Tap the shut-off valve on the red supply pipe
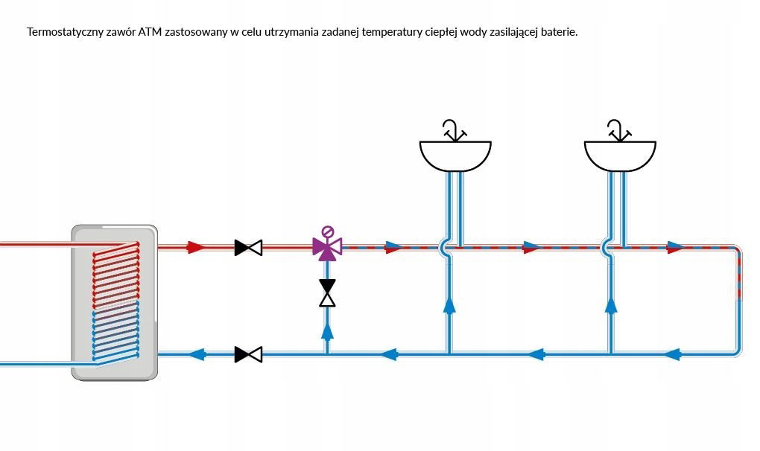[x=248, y=248]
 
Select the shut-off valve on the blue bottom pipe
[x=248, y=354]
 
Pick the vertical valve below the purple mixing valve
[x=327, y=292]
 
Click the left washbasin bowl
[x=455, y=156]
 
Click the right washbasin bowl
[x=620, y=156]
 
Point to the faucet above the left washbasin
[x=455, y=131]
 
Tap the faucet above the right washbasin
[x=619, y=131]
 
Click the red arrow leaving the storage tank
[x=196, y=247]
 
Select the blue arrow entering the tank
[x=197, y=354]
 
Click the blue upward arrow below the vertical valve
[x=328, y=330]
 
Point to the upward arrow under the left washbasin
[x=449, y=305]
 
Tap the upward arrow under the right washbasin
[x=611, y=305]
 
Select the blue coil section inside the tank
[x=116, y=331]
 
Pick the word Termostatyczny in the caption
[x=65, y=33]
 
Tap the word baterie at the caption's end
[x=560, y=32]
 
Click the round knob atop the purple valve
[x=328, y=231]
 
